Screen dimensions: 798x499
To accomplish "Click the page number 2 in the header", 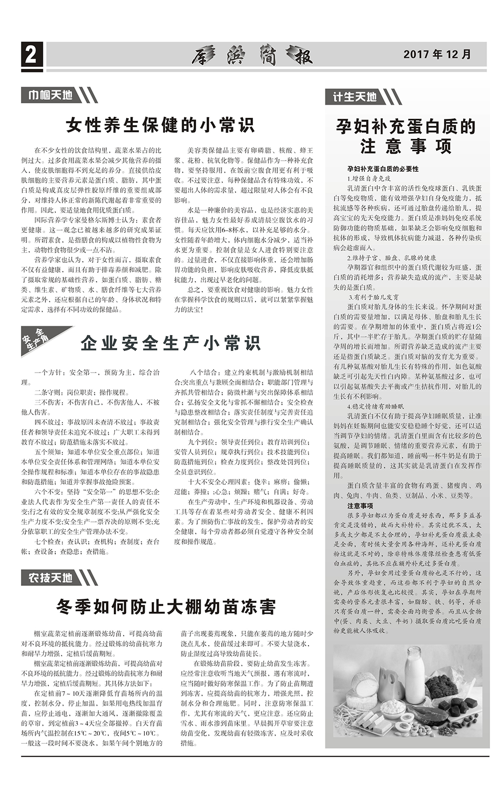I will click(31, 54).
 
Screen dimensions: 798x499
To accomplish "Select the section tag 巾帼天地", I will click(50, 95).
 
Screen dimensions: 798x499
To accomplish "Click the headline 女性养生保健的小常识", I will click(160, 125).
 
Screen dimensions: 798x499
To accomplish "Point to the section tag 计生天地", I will click(355, 96).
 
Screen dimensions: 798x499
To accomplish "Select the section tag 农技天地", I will click(50, 578).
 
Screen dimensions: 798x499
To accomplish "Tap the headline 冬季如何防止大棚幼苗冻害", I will click(166, 607).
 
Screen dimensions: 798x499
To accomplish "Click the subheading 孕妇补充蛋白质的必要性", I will click(383, 169).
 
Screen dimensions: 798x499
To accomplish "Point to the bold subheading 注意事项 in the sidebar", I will click(360, 506).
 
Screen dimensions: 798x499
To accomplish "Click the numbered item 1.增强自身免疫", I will click(369, 178).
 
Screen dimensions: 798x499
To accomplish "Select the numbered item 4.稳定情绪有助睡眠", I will click(371, 406).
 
